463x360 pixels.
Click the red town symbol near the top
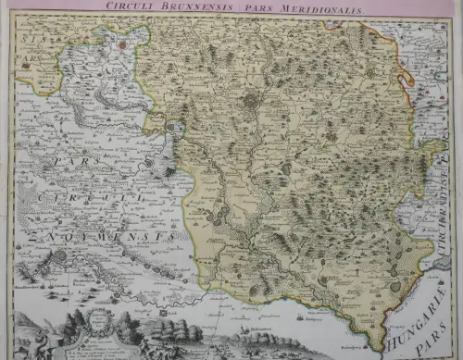[120, 43]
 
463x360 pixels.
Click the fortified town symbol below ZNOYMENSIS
[57, 254]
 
